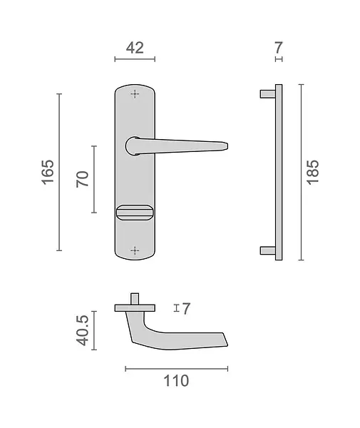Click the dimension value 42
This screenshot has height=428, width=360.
pyautogui.click(x=135, y=48)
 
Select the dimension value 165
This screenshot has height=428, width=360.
pyautogui.click(x=48, y=172)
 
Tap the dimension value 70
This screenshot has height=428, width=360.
pyautogui.click(x=83, y=179)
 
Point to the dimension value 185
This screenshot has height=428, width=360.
pyautogui.click(x=312, y=172)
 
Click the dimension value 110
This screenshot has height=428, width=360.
pyautogui.click(x=176, y=381)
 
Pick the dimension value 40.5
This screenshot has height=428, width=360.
pyautogui.click(x=83, y=330)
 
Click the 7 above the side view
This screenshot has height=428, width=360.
pyautogui.click(x=279, y=48)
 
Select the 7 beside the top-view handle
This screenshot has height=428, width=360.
pyautogui.click(x=186, y=309)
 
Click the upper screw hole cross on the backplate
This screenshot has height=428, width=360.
pyautogui.click(x=135, y=94)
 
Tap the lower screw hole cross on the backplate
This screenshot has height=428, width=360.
pyautogui.click(x=135, y=250)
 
